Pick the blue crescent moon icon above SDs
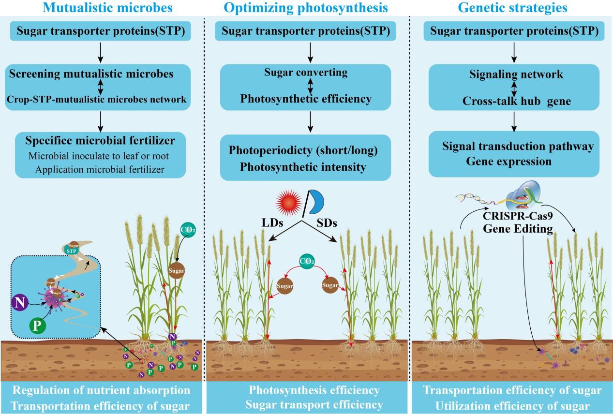(x=317, y=201)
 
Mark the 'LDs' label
(x=273, y=224)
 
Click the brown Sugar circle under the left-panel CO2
(x=177, y=271)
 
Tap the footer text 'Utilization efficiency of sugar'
(x=513, y=405)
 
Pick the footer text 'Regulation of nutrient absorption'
(x=101, y=390)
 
